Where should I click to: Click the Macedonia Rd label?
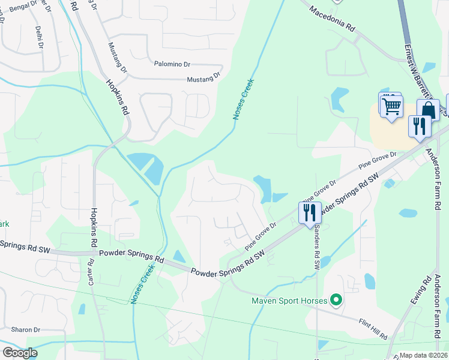333,20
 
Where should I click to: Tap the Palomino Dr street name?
172,63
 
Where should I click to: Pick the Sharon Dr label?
25,330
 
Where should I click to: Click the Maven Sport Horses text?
289,301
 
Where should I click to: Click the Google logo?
20,352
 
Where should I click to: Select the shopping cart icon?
392,107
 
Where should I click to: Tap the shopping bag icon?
429,110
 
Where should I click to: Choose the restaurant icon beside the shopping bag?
418,126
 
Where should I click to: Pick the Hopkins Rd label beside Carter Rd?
94,229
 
